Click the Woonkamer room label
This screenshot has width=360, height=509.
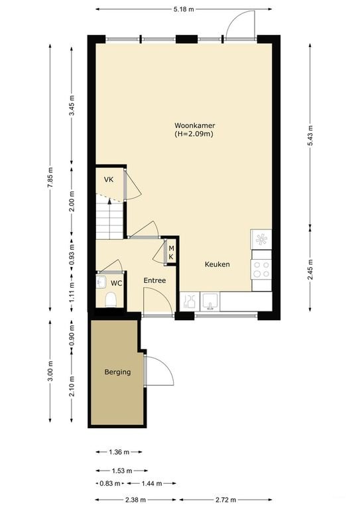coord(194,125)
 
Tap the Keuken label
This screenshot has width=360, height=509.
coord(217,264)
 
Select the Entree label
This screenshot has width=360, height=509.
coord(154,281)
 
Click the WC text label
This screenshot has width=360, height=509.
coord(116,283)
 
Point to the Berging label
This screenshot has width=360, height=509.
coord(117,372)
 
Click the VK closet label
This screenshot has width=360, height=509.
coord(108,180)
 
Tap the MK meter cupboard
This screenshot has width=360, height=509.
coord(170,253)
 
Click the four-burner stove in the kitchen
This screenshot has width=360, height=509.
coord(261,268)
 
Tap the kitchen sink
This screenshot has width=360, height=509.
coord(210,302)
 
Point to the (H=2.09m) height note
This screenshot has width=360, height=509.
coord(194,134)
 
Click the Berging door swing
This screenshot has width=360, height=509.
coord(158,371)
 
